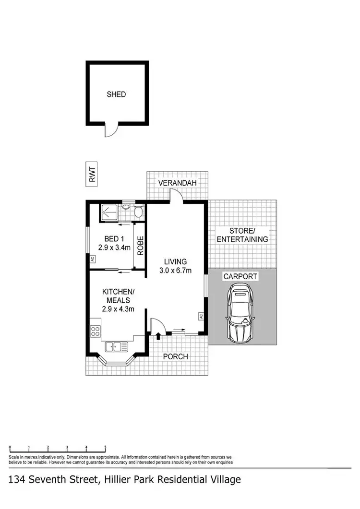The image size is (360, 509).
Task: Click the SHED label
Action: pyautogui.click(x=116, y=95)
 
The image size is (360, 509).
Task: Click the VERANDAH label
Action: pyautogui.click(x=178, y=184)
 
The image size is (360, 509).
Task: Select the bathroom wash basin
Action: pyautogui.click(x=126, y=207)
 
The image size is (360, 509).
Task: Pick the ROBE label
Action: pyautogui.click(x=140, y=245)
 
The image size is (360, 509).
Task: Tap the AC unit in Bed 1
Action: pyautogui.click(x=91, y=259)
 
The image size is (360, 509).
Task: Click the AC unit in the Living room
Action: pyautogui.click(x=201, y=316)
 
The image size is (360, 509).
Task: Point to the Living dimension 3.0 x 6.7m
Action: pyautogui.click(x=175, y=270)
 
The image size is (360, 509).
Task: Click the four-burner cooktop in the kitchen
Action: pyautogui.click(x=95, y=331)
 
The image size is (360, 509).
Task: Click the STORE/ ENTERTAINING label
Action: pyautogui.click(x=242, y=235)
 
